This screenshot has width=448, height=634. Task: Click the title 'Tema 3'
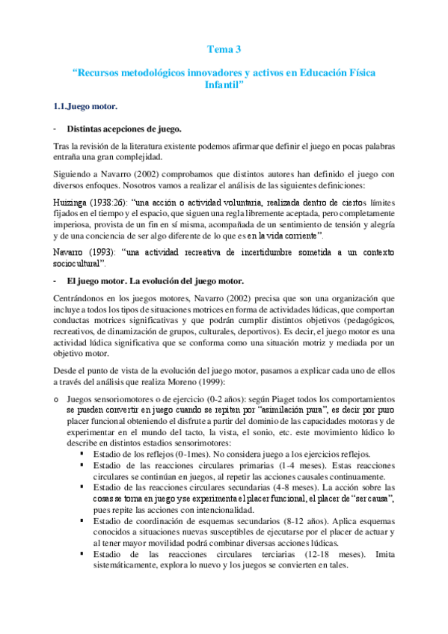point(224,50)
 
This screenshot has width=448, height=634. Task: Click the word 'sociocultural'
point(80,264)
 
